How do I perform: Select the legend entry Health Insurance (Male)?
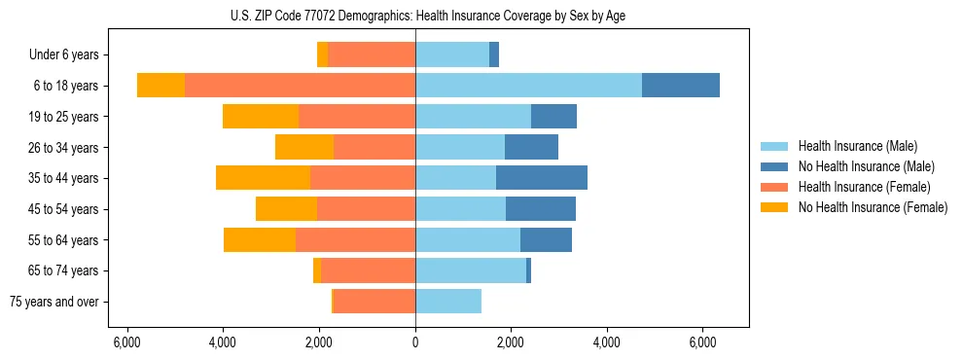tap(857, 146)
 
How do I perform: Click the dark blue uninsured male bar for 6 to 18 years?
tap(681, 86)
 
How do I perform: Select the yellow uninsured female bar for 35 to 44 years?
tap(263, 178)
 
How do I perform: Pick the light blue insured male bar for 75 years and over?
tap(448, 302)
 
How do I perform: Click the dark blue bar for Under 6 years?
tap(494, 55)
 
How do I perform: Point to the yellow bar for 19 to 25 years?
tap(261, 117)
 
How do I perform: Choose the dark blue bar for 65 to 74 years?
tap(529, 270)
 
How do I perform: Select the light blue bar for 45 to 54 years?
tap(460, 209)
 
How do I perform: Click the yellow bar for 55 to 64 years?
tap(260, 239)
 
